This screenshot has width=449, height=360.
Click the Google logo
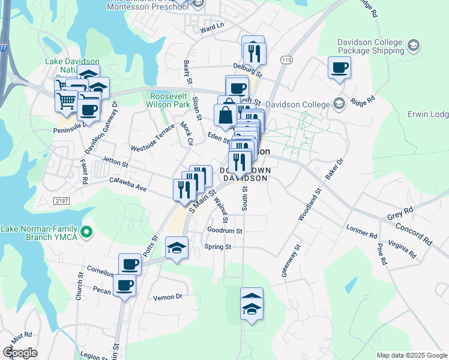[x=20, y=353]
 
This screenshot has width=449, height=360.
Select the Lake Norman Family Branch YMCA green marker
[x=87, y=230]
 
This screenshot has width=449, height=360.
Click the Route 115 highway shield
[x=286, y=61]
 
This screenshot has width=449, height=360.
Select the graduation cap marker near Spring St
[x=176, y=247]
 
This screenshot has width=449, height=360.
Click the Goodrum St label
[x=224, y=230]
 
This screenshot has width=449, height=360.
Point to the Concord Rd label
[x=413, y=233]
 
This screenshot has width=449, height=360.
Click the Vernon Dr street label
[x=167, y=296]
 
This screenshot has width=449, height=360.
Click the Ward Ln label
[x=211, y=27]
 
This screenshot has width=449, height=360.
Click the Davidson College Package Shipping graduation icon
[x=412, y=44]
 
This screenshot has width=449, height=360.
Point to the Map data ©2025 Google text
[x=412, y=355]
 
